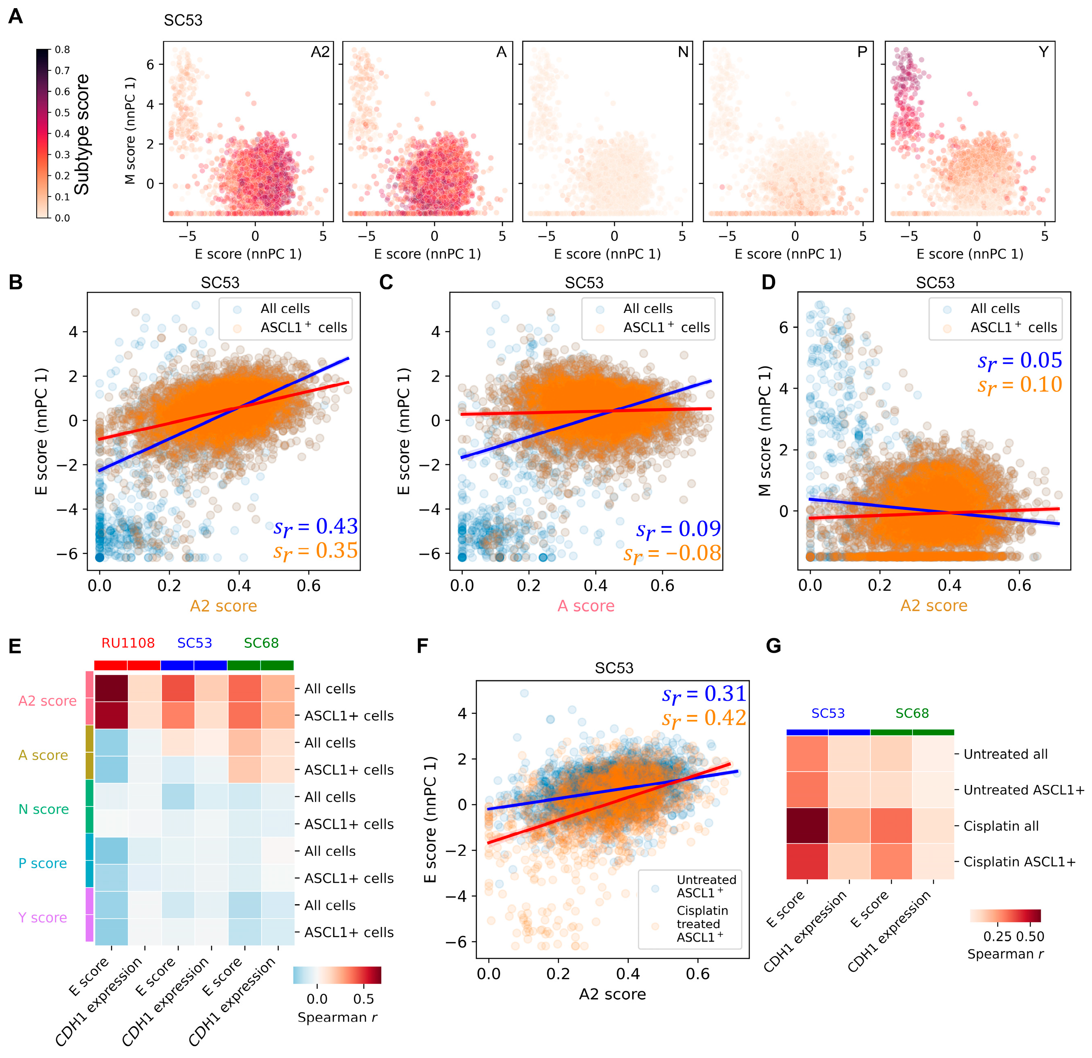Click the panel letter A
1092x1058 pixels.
(15, 16)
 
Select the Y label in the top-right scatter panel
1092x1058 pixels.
(1044, 52)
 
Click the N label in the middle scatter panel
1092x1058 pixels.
(683, 52)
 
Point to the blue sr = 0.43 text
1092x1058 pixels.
(315, 527)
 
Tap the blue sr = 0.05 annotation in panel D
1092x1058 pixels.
(1020, 361)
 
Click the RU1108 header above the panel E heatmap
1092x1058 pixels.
(128, 643)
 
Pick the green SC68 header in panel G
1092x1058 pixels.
(912, 713)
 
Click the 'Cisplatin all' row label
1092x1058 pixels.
(1001, 826)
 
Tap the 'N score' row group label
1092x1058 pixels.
(44, 809)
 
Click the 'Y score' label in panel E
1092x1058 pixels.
(42, 917)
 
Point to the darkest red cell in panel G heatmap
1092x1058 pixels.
(807, 825)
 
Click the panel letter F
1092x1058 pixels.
(423, 646)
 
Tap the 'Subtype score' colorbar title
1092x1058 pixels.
(82, 134)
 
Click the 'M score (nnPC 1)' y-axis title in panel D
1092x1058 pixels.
(764, 431)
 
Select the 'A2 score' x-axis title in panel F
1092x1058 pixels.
(612, 994)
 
